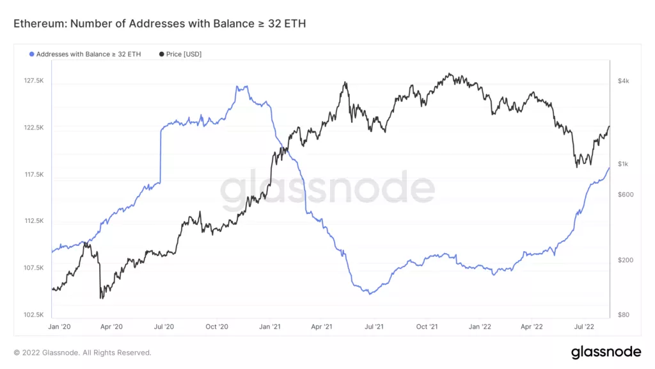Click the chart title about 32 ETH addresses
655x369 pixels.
pos(160,24)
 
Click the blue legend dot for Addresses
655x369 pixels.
pos(32,54)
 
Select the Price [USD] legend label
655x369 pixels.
pos(184,54)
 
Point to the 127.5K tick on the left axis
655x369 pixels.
pos(34,81)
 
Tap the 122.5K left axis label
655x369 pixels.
pos(34,127)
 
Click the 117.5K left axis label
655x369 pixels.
pos(34,174)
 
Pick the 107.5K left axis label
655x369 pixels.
pos(34,268)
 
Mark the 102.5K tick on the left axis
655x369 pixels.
pos(34,315)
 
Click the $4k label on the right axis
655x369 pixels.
pos(624,81)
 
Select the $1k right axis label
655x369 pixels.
pos(624,164)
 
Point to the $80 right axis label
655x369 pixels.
pos(624,315)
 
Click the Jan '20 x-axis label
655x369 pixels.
pos(59,327)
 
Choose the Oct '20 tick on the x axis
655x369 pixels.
pos(217,327)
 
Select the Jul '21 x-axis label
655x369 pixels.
pos(374,327)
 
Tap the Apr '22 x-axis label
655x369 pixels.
pos(532,327)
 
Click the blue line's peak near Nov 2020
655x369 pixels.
pos(242,86)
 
